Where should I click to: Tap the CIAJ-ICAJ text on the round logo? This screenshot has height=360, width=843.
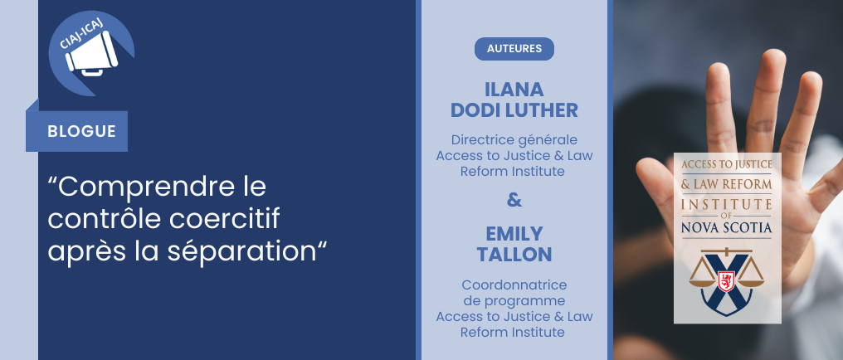click(x=81, y=33)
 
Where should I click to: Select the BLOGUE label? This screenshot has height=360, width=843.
click(x=81, y=131)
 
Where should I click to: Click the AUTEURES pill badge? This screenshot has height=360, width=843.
click(x=514, y=48)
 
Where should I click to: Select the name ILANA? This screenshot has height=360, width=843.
click(x=514, y=90)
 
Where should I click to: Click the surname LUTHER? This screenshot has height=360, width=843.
click(x=543, y=110)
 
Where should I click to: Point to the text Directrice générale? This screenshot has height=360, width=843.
click(x=514, y=139)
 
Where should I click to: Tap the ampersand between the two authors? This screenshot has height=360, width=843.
click(x=514, y=200)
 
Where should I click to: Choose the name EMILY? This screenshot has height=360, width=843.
click(x=514, y=234)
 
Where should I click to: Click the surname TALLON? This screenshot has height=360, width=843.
click(x=514, y=255)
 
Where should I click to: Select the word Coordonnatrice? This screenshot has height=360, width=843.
click(x=514, y=284)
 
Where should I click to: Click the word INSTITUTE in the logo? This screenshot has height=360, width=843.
click(x=726, y=204)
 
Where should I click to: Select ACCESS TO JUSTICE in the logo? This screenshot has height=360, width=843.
click(x=726, y=164)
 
